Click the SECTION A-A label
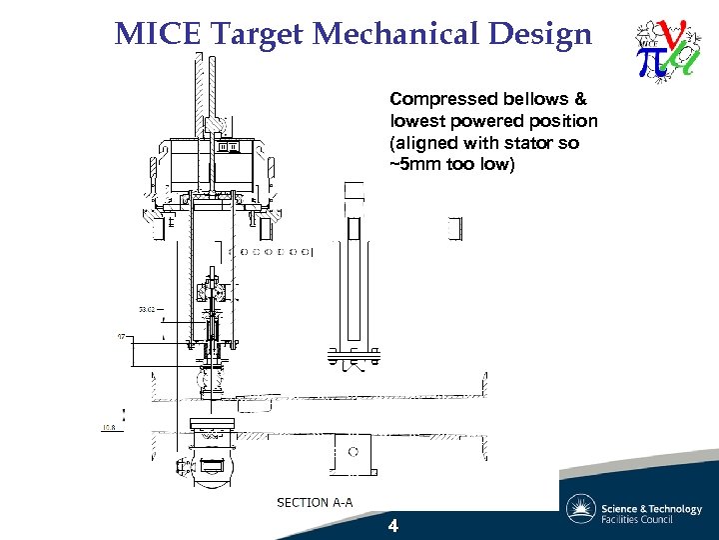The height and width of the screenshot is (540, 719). click(x=315, y=502)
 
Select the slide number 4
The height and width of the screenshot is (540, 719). click(x=392, y=526)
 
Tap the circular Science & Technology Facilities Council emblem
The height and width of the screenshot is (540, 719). click(x=581, y=509)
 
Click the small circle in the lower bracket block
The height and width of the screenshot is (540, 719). click(x=353, y=452)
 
